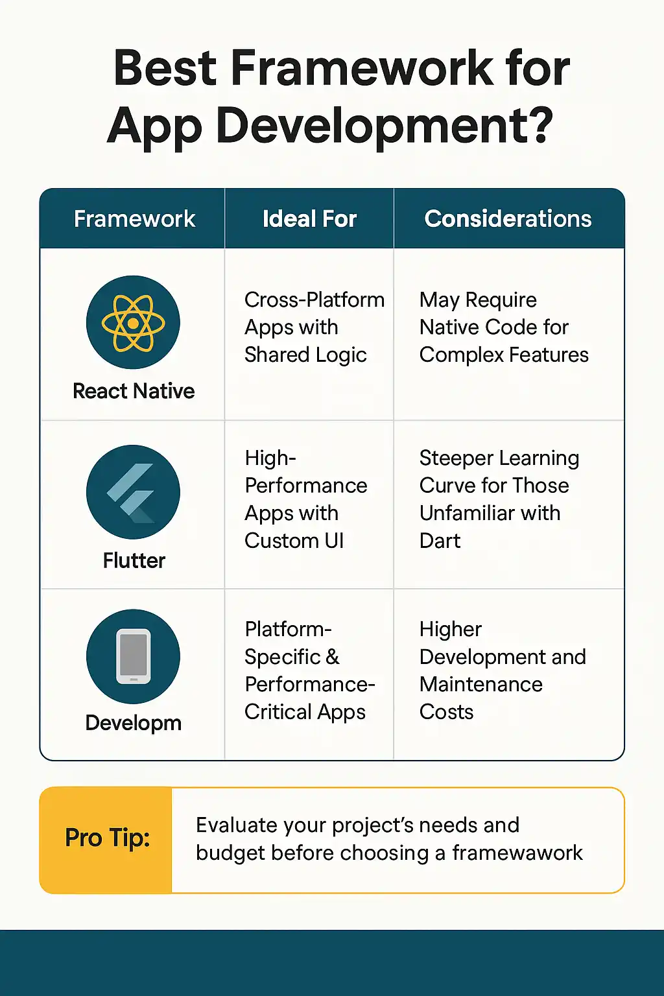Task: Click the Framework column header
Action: [134, 219]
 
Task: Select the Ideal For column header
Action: [309, 219]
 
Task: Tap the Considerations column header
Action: [508, 219]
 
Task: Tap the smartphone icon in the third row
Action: [133, 656]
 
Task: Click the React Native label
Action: [134, 391]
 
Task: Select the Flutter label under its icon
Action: [134, 560]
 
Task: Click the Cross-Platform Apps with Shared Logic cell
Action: [314, 327]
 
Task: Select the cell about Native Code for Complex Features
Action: [504, 327]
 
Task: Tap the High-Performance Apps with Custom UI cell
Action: [306, 499]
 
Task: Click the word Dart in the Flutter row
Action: [440, 541]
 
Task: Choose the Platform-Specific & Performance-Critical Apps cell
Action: [310, 670]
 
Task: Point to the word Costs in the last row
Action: [446, 712]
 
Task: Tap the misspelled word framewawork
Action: [517, 853]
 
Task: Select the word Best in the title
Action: [165, 68]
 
